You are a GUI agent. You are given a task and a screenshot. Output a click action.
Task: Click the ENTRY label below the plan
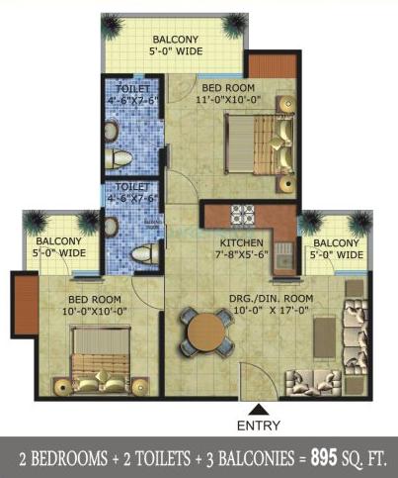(x=259, y=427)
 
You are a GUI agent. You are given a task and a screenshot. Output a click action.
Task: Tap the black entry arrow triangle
(x=258, y=408)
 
